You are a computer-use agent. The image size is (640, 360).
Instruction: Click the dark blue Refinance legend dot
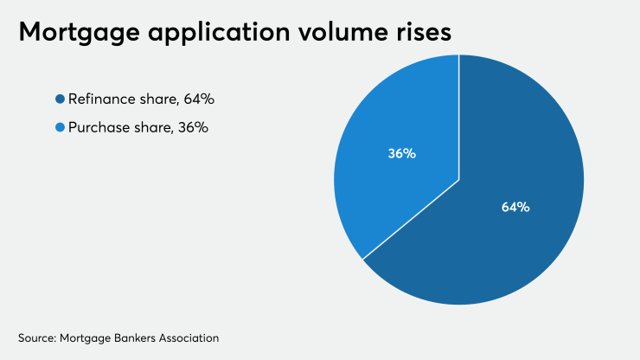(60, 100)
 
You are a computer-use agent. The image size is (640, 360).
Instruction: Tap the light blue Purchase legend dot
(60, 128)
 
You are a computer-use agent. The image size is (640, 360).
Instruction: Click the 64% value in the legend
(197, 100)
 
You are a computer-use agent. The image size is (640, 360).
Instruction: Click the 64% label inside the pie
(515, 207)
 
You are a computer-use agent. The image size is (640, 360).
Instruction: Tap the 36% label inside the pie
(401, 154)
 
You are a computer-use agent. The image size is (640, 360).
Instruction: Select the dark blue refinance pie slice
(510, 251)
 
